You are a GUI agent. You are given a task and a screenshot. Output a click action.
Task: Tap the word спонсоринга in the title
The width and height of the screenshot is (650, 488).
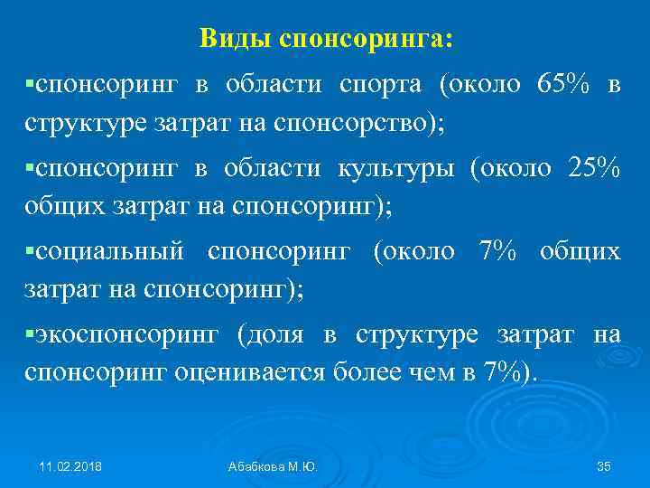pos(367,40)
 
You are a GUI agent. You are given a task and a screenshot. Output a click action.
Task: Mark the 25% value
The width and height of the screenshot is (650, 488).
pos(594,168)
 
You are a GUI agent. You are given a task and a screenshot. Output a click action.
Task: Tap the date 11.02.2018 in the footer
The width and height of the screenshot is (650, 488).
pos(70,466)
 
